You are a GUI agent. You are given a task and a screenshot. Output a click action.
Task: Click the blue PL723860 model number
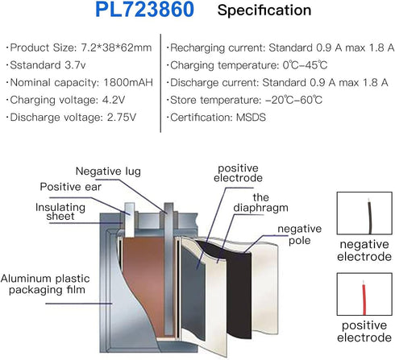pos(144,10)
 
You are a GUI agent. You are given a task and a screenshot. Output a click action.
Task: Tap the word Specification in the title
pos(264,10)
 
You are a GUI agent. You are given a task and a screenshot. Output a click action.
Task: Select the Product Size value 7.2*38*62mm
pos(116,48)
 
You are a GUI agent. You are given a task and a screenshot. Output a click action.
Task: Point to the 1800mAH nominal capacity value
pos(128,82)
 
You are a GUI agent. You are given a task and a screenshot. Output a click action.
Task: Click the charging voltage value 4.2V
pos(114,100)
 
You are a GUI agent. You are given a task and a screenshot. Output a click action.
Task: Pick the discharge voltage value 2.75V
pos(122,118)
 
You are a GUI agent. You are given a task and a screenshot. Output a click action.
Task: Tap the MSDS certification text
pos(251,118)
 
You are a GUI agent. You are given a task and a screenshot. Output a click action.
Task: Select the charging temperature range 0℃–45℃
pos(305,65)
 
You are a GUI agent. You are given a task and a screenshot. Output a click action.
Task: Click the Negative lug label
pos(108,172)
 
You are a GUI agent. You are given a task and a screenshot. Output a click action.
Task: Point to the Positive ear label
pos(71,187)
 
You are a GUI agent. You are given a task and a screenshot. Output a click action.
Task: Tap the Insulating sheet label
pos(60,212)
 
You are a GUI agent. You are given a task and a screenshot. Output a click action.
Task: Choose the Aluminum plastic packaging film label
pos(45,284)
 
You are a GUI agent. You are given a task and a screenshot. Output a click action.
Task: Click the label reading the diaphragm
pos(260,203)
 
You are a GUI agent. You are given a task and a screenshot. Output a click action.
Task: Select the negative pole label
pos(300,234)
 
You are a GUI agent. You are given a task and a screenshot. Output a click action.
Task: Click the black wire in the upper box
pos(370,217)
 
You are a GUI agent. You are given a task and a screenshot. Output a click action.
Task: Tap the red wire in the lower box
pos(364,298)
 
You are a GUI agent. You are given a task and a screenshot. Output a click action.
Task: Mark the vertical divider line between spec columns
pos(160,83)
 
